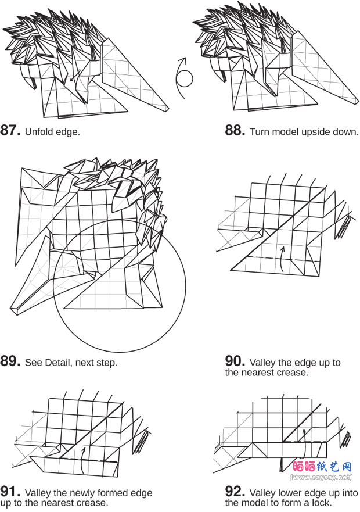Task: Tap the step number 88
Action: point(235,130)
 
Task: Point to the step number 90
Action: point(235,361)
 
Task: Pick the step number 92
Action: point(235,491)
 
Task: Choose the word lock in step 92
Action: point(321,502)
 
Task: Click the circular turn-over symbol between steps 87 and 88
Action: point(183,78)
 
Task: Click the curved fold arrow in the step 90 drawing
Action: point(282,259)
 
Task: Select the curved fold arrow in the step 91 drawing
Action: point(82,460)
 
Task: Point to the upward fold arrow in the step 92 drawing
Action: point(304,444)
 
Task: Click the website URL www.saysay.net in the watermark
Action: point(322,477)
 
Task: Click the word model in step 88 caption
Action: point(285,131)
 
